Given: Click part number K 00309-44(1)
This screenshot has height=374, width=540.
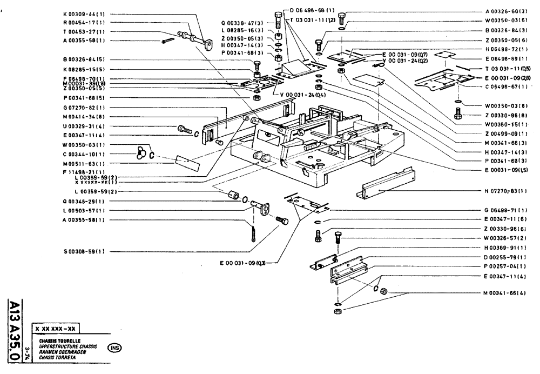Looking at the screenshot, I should tap(84, 11).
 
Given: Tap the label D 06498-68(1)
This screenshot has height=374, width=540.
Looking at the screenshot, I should tap(313, 10).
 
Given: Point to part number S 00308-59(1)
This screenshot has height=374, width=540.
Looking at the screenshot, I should tap(83, 251).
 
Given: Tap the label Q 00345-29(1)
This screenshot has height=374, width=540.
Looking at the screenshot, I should tap(83, 201).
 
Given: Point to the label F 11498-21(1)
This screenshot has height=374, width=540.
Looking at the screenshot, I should tap(83, 172).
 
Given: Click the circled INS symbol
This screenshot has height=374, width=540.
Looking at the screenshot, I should tap(115, 347).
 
